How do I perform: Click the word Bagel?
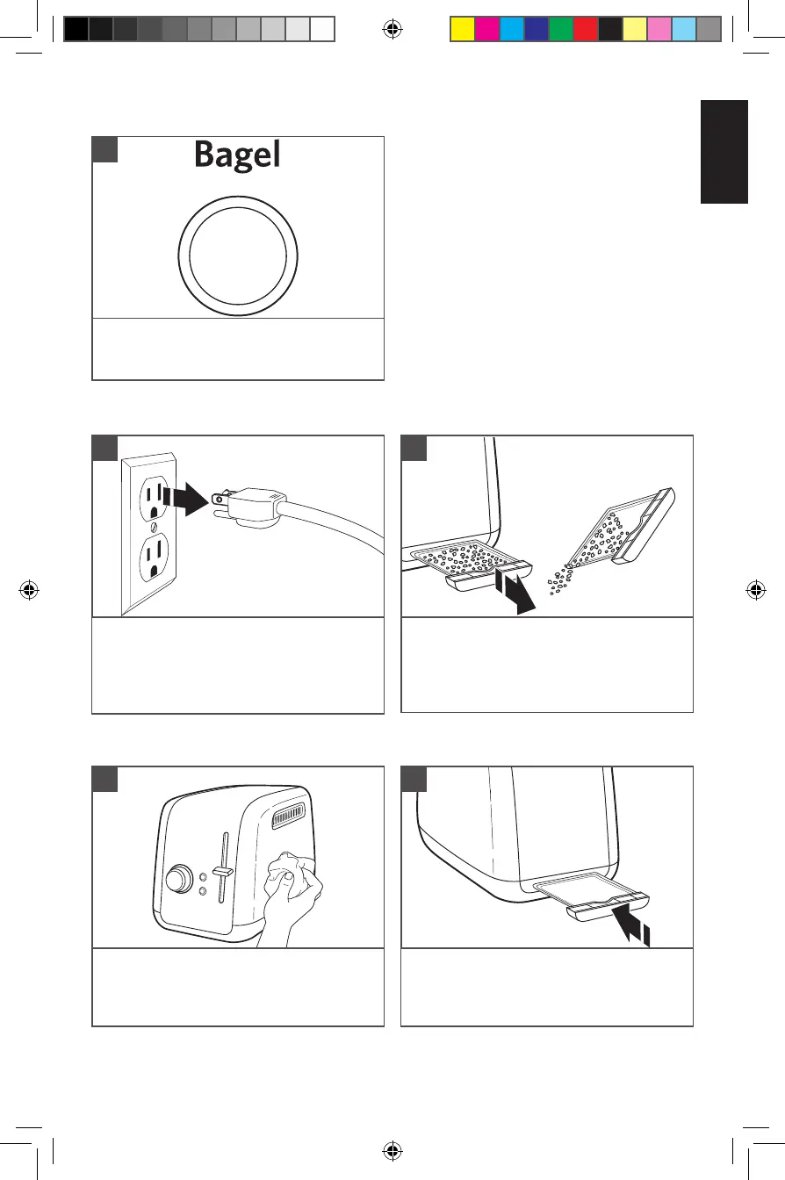(x=237, y=155)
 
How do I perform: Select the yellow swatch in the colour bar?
(x=462, y=30)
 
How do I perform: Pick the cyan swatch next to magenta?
(x=511, y=30)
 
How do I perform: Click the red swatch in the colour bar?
(x=585, y=30)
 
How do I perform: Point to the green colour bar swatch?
(x=560, y=30)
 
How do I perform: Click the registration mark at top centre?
(x=392, y=30)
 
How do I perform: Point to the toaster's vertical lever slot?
(x=225, y=874)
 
